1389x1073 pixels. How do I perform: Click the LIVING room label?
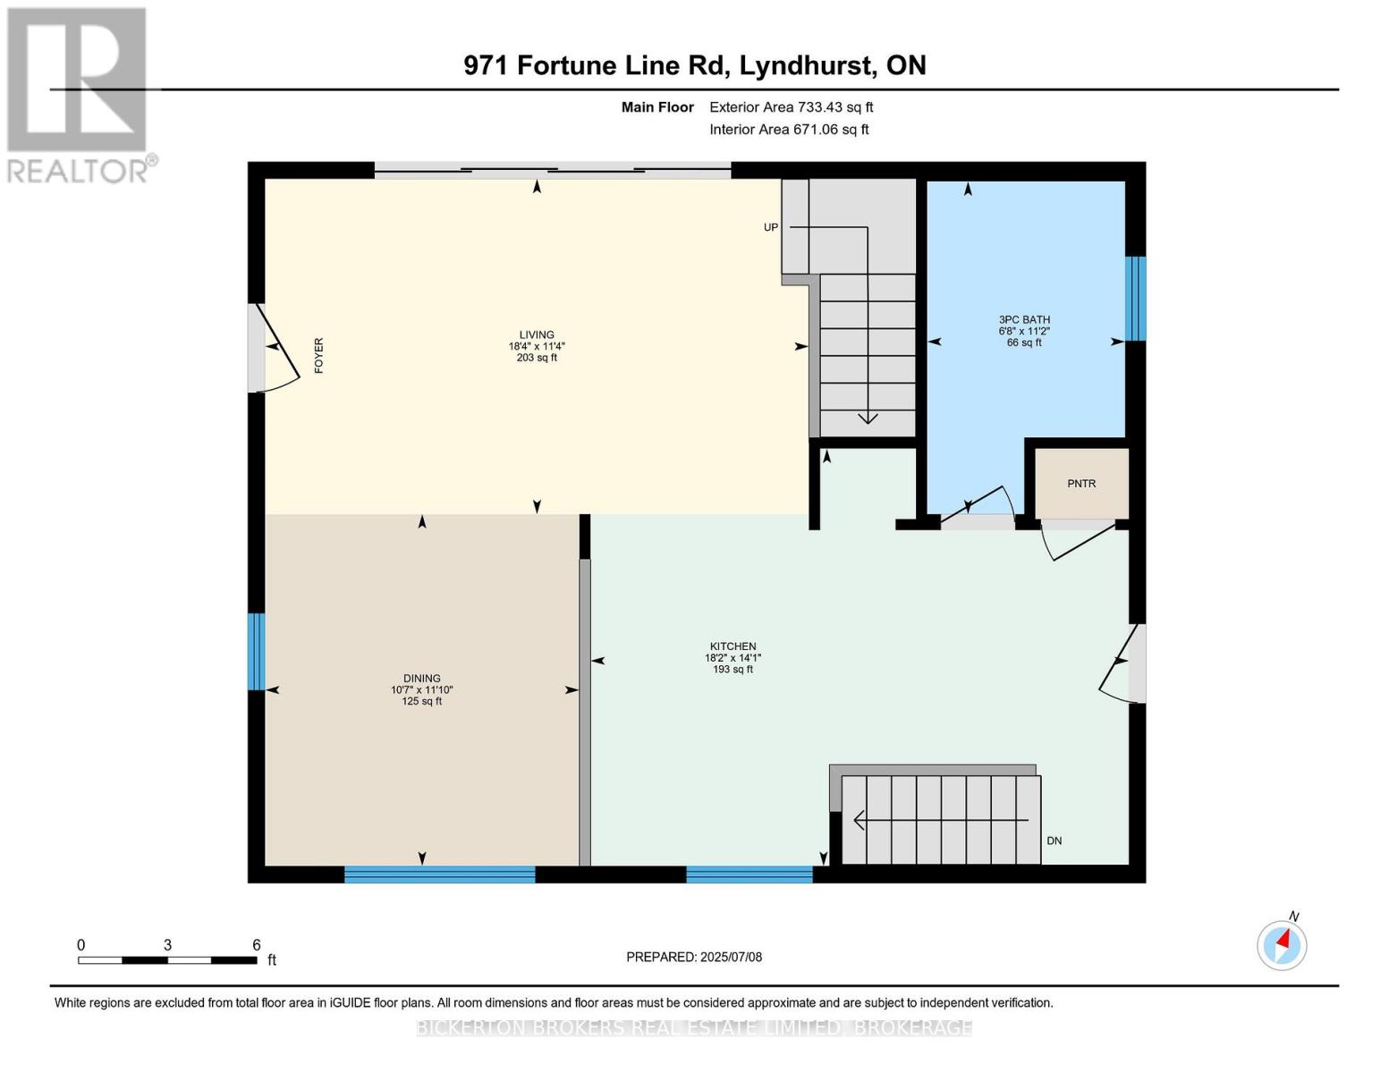537,335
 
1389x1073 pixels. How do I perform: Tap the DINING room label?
421,679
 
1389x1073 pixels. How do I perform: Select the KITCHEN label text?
733,646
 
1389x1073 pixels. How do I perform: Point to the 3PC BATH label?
1024,320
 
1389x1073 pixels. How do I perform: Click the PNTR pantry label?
1081,484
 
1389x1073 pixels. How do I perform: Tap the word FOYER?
319,355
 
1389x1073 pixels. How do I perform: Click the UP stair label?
770,227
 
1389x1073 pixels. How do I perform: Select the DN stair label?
1054,841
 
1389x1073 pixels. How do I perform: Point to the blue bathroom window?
1135,299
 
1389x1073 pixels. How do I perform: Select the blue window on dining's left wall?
257,651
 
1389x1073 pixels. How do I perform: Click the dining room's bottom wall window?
439,874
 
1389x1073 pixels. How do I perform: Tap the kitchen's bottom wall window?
749,874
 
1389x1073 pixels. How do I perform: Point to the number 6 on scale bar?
256,945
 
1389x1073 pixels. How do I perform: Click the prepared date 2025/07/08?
731,957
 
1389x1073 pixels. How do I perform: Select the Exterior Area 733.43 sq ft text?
791,107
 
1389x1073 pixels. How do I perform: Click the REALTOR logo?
79,95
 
